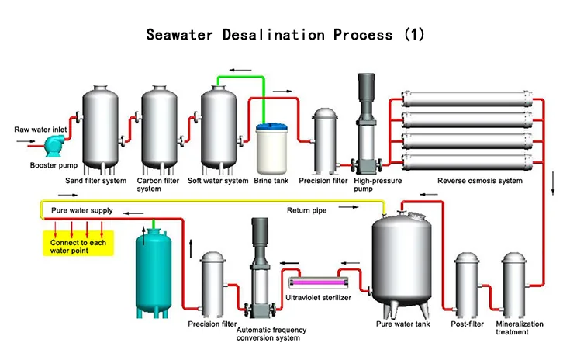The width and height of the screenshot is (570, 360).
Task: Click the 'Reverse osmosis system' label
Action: point(479,181)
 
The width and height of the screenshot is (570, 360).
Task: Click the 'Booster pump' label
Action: point(51,165)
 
